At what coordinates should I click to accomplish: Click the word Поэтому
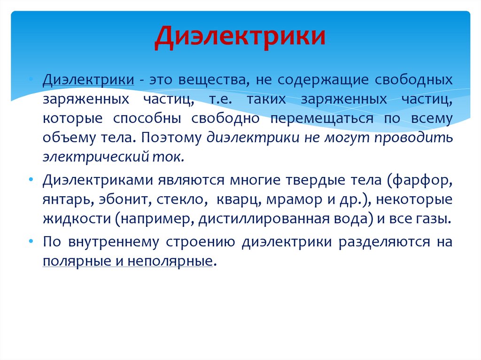pos(171,138)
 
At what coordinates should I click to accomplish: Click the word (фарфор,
pos(421,180)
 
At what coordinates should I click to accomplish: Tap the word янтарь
pos(69,199)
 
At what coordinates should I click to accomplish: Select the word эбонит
pos(124,199)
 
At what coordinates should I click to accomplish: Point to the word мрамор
pos(289,199)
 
